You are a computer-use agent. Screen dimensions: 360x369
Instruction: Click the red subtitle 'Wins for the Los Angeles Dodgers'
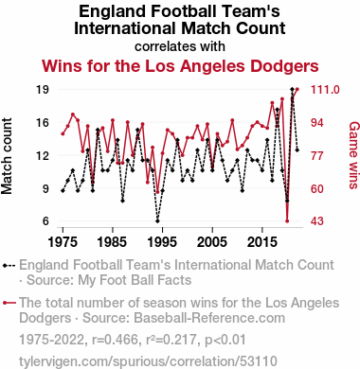[x=180, y=66]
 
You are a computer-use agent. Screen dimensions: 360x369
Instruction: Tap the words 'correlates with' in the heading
[x=180, y=46]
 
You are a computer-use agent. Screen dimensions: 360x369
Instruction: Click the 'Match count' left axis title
[x=7, y=156]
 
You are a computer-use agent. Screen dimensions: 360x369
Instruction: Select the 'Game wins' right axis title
[x=354, y=155]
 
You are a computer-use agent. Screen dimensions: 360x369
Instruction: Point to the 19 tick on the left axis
[x=43, y=90]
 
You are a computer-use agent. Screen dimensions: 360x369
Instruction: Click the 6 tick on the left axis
[x=46, y=221]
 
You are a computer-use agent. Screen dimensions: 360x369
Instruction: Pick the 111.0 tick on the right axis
[x=325, y=90]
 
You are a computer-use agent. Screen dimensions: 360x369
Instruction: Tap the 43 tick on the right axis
[x=317, y=221]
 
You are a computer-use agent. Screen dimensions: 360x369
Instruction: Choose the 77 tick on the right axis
[x=317, y=155]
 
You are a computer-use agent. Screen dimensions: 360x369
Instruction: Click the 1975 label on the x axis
[x=63, y=242]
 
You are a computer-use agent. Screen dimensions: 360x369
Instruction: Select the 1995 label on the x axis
[x=162, y=242]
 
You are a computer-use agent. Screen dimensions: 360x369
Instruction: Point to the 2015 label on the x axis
[x=262, y=242]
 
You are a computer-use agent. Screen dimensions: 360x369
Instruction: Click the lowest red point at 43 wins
[x=287, y=221]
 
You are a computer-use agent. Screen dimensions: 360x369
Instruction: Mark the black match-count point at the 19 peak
[x=292, y=89]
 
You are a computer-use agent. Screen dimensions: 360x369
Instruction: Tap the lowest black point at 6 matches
[x=157, y=221]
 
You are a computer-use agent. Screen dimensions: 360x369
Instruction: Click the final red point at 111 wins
[x=297, y=90]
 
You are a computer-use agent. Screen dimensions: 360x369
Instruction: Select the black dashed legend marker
[x=9, y=266]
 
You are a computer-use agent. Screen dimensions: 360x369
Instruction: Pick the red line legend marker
[x=9, y=303]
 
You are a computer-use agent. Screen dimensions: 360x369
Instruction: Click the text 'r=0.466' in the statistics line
[x=115, y=340]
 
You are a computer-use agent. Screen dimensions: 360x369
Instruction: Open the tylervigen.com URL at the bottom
[x=148, y=361]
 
